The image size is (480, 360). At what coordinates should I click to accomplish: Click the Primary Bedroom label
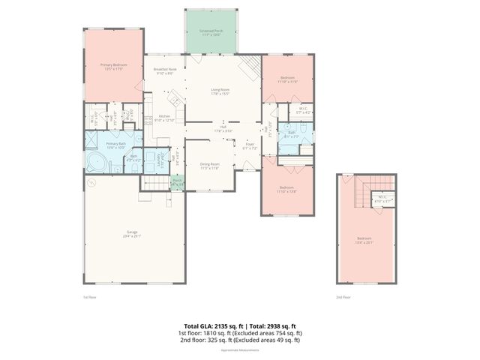tap(114, 67)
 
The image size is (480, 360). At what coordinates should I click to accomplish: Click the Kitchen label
tap(164, 118)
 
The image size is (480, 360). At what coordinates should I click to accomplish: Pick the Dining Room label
tap(209, 166)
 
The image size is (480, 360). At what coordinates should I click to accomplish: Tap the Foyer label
tap(250, 146)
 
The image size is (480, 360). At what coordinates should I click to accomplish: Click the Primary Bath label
tap(114, 145)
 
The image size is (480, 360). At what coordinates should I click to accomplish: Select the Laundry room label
tap(163, 159)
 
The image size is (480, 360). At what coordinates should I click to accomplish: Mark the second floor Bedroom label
tap(364, 241)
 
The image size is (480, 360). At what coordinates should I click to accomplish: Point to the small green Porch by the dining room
tap(177, 182)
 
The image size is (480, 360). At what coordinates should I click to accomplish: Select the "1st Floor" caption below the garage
tap(89, 298)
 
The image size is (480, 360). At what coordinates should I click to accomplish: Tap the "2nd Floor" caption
tap(343, 298)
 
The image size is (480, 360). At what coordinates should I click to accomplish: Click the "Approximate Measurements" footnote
tap(240, 349)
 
